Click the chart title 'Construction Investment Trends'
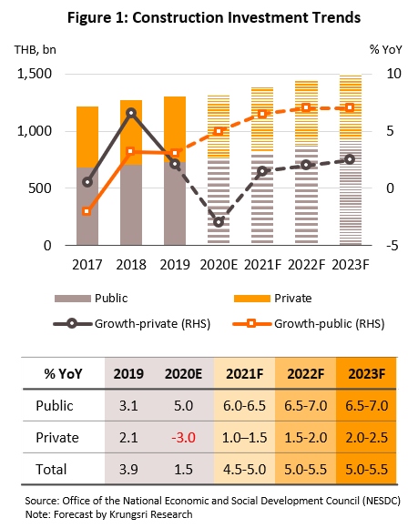246,17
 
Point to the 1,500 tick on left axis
35,74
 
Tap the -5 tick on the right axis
393,246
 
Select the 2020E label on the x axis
219,265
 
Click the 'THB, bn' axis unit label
35,50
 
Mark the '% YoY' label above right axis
385,50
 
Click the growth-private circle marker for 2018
131,113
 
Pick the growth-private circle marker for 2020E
219,222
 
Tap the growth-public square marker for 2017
87,211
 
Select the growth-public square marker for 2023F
350,107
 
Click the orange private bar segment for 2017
87,137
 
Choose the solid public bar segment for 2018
131,205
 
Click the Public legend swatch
73,299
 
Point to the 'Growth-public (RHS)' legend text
330,323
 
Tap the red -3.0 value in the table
184,437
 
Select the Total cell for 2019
128,469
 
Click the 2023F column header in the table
366,374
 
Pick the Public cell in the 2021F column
245,406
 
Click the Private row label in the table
57,437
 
